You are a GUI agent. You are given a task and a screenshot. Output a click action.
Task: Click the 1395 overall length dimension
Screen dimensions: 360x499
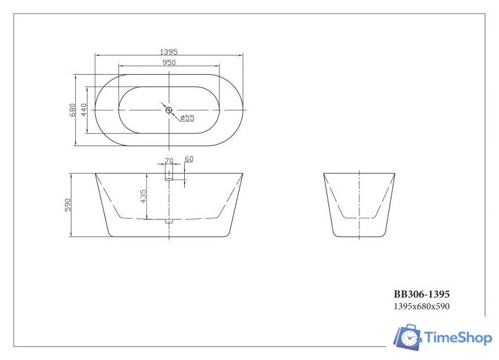click(x=169, y=51)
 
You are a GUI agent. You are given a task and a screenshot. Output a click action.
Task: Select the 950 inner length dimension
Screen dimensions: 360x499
click(x=169, y=62)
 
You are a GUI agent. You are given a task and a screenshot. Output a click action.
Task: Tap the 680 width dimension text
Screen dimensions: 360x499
click(x=73, y=111)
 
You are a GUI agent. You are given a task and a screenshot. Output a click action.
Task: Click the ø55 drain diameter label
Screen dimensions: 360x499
click(x=187, y=118)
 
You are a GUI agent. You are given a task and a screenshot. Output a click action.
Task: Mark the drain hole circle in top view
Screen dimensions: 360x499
click(x=169, y=110)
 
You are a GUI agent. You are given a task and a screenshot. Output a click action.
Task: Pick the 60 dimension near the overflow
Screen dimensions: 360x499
click(x=189, y=159)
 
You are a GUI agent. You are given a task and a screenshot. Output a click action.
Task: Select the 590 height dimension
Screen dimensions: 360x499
click(x=68, y=205)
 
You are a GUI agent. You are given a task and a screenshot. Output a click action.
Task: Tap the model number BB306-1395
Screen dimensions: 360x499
click(x=422, y=294)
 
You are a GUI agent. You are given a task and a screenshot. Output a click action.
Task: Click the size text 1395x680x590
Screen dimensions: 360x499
click(x=421, y=307)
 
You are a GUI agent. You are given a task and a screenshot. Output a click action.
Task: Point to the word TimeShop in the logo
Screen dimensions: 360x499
click(x=457, y=337)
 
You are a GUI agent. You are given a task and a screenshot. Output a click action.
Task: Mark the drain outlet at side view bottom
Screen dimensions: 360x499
click(x=169, y=222)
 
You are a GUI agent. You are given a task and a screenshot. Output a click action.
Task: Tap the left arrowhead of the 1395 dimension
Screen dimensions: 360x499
click(x=97, y=56)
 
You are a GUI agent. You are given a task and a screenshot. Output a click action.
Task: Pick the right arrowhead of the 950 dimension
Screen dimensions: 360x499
click(x=218, y=66)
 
